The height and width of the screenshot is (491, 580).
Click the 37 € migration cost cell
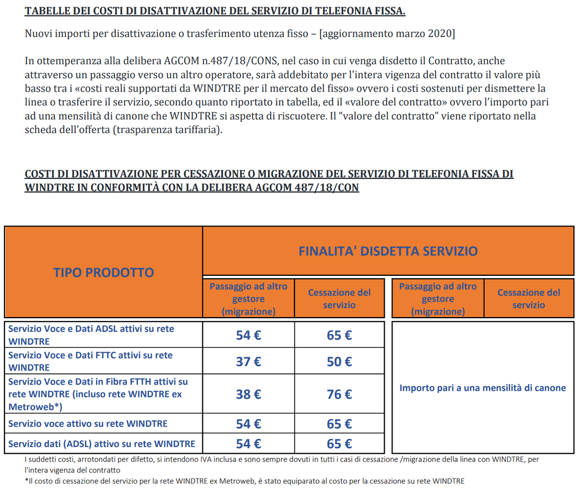click(x=248, y=361)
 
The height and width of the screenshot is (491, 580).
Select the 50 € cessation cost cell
click(x=339, y=361)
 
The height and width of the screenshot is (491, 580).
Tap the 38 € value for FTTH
click(x=248, y=394)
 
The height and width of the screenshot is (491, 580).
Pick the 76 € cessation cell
click(x=339, y=394)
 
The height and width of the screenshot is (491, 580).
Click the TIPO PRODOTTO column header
click(x=104, y=272)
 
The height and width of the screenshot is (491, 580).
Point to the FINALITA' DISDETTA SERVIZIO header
click(x=388, y=251)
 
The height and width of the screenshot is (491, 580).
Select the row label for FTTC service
click(x=91, y=361)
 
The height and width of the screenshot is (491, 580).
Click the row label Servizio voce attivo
click(x=88, y=424)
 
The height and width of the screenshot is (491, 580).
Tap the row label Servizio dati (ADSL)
click(x=102, y=443)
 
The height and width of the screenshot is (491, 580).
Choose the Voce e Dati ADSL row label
click(x=91, y=335)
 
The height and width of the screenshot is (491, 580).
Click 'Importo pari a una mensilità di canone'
click(x=483, y=388)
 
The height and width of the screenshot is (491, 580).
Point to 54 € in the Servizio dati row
click(x=248, y=443)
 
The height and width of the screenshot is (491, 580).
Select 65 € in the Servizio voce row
click(x=339, y=424)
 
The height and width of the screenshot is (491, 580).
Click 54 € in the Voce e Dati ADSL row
click(x=248, y=335)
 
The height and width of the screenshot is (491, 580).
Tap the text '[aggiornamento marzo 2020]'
click(x=387, y=33)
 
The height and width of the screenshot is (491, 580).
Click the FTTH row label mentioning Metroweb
click(x=98, y=394)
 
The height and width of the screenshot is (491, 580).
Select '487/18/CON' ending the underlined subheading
click(x=325, y=187)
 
